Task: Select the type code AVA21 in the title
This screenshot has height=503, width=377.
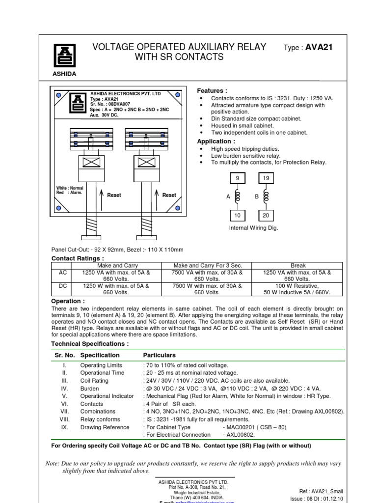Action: tap(319, 48)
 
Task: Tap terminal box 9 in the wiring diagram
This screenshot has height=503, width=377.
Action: tap(237, 178)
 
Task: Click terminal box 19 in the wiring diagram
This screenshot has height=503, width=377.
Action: tap(266, 178)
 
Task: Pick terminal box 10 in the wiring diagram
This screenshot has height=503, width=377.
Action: tap(237, 215)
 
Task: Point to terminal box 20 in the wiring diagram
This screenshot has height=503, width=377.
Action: tap(266, 215)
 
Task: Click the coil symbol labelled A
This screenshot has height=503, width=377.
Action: tap(238, 196)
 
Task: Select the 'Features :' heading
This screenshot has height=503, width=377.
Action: tap(212, 91)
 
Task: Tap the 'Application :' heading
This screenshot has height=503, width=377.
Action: tap(215, 141)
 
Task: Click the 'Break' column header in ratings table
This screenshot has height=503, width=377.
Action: tap(298, 265)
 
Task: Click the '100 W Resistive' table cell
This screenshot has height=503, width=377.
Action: tap(297, 285)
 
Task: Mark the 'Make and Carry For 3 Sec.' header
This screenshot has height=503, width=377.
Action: tap(207, 265)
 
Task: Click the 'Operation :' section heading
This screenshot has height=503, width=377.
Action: tap(68, 301)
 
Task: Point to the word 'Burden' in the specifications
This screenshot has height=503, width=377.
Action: tap(89, 389)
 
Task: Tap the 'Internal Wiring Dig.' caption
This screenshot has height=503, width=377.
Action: tap(254, 228)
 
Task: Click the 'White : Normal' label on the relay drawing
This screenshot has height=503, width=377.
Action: tap(70, 188)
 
